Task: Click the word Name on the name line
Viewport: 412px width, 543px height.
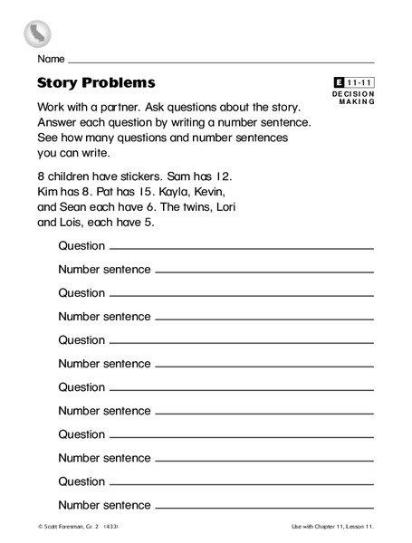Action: (x=51, y=60)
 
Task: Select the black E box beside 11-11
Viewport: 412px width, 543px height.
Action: (x=340, y=83)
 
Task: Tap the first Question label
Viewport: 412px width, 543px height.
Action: (x=81, y=245)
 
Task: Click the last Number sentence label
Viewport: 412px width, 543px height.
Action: (x=104, y=504)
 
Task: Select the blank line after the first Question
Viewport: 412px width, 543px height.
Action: (x=241, y=247)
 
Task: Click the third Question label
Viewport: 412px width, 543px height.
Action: (x=81, y=339)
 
